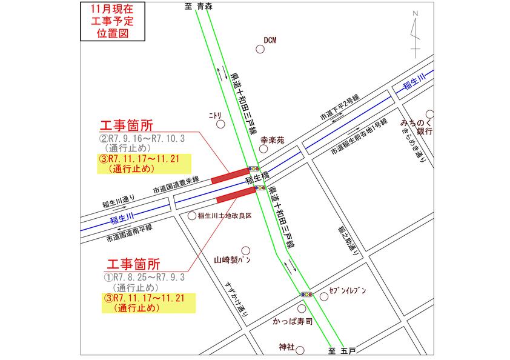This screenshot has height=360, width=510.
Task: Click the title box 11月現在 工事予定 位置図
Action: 113,22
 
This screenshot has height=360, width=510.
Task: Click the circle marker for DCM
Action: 260,51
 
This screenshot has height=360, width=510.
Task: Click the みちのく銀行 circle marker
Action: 430,113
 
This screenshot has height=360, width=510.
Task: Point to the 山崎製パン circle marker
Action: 245,250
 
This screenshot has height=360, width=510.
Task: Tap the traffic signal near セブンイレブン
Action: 307,295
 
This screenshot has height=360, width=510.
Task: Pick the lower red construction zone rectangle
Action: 236,195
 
